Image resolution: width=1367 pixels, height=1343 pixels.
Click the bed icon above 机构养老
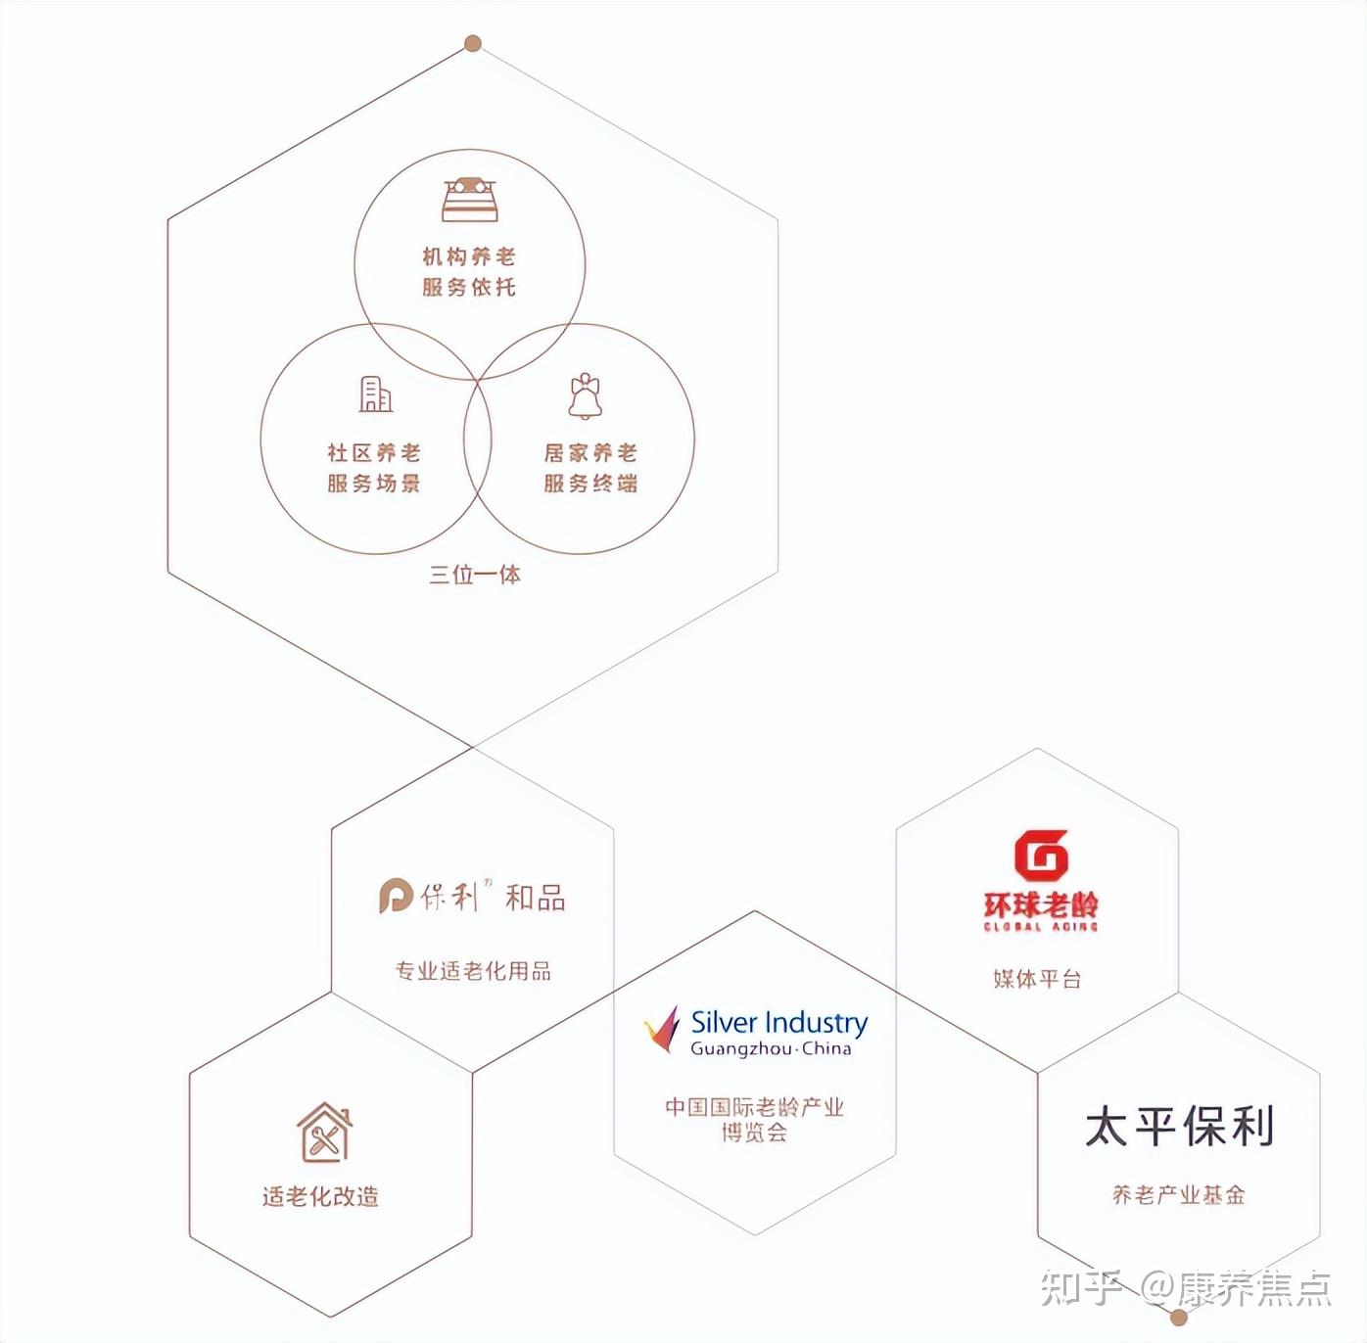470,200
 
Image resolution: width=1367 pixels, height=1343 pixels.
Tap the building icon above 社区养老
375,394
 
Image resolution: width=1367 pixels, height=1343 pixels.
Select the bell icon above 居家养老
586,395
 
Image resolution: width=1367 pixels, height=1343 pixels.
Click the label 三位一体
475,575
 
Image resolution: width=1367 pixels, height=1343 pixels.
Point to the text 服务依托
469,287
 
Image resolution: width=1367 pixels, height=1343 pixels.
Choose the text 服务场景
374,484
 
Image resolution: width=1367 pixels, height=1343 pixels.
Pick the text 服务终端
590,484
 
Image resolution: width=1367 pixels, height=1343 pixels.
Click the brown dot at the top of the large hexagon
473,43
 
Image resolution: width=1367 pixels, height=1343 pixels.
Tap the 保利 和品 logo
472,896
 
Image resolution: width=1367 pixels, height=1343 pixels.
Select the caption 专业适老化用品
473,971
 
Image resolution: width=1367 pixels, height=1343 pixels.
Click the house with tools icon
324,1133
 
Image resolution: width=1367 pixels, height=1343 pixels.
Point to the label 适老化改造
320,1196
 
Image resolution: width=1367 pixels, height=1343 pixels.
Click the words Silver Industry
779,1023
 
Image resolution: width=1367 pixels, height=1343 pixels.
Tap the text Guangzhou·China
771,1049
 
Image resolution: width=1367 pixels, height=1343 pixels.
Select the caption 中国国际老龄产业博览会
754,1120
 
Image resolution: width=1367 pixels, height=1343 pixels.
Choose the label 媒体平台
1037,979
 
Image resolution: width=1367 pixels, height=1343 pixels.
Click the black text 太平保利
1179,1126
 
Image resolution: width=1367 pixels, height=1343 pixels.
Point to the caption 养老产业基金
1179,1195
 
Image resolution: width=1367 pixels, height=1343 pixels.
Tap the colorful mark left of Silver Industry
663,1030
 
